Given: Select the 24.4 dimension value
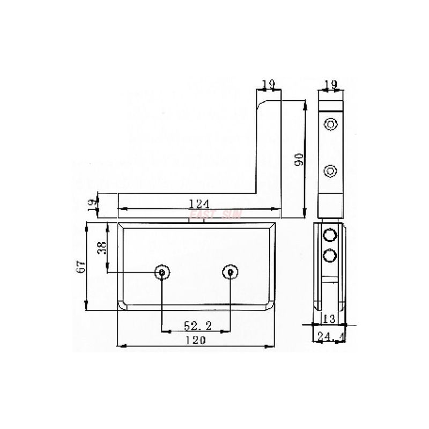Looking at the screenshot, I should [330, 336].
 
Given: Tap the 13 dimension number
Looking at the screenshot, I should [329, 319].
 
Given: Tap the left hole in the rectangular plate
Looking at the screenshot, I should [162, 272].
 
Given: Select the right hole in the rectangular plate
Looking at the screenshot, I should [230, 272].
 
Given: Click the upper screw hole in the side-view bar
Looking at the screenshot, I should [331, 125].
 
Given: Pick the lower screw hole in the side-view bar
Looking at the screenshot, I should [331, 172].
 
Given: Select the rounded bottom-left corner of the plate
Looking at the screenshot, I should [122, 306].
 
